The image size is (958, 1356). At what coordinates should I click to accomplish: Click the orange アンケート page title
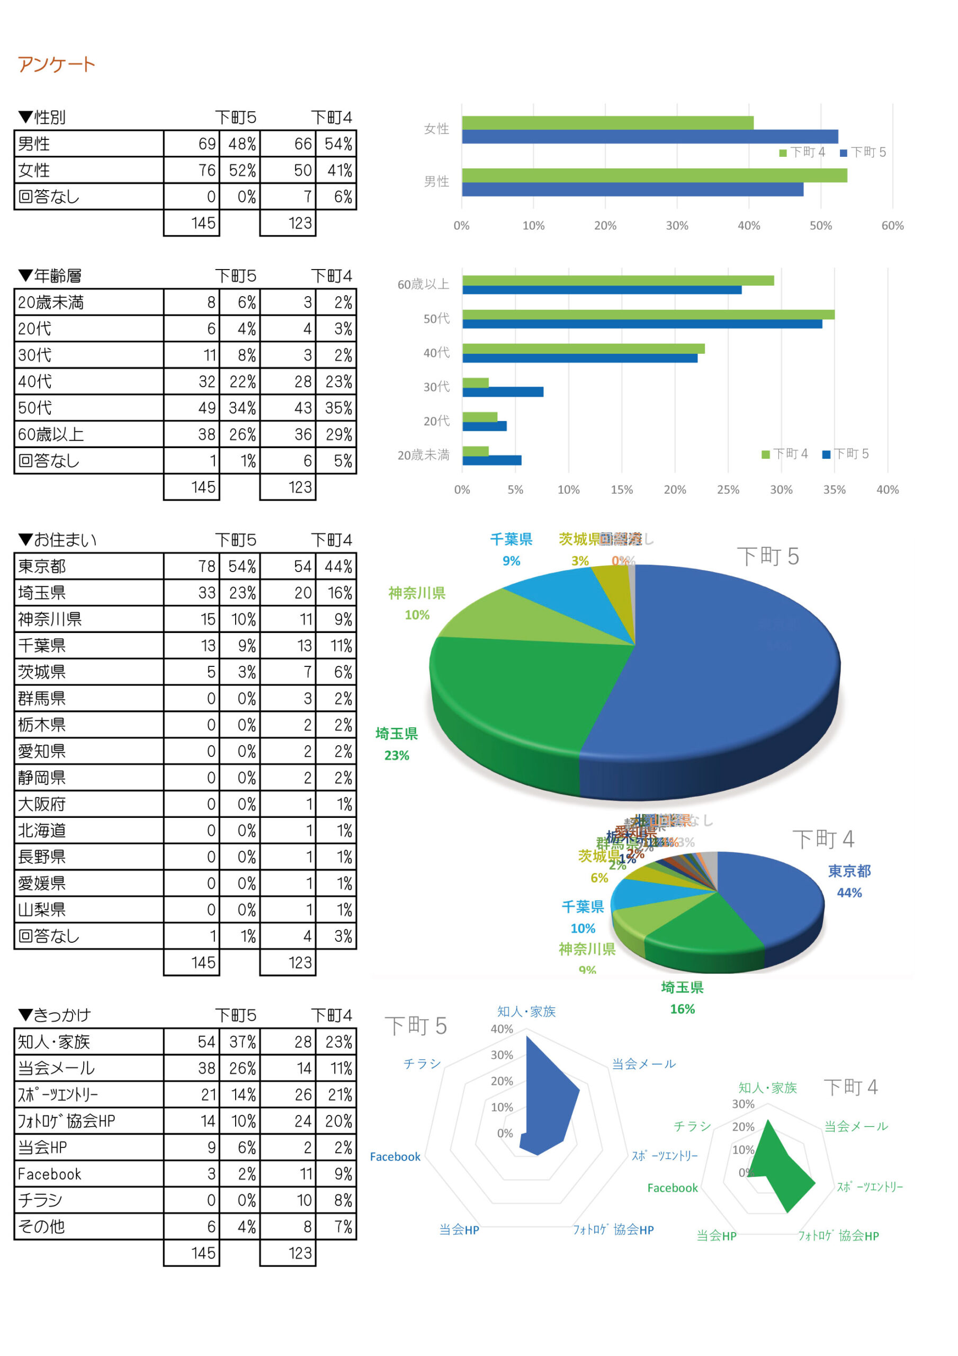click(56, 64)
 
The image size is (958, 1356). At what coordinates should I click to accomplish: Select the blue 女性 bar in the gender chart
click(650, 137)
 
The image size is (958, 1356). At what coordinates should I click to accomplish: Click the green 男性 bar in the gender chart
click(654, 175)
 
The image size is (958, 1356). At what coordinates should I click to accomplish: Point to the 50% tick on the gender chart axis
click(820, 226)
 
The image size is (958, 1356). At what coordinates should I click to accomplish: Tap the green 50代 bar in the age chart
click(648, 314)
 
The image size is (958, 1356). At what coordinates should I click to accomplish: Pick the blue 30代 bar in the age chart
click(503, 391)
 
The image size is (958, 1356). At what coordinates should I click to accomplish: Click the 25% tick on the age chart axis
click(728, 489)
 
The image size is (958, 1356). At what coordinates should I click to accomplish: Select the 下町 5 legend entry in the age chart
click(846, 453)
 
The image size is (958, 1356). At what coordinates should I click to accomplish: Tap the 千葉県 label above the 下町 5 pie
click(511, 539)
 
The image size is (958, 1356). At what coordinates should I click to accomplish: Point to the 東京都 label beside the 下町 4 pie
click(849, 871)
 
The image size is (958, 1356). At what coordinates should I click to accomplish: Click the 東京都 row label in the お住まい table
click(42, 566)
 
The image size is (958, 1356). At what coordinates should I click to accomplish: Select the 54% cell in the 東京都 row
click(242, 566)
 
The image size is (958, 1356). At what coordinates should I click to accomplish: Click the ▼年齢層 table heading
click(50, 276)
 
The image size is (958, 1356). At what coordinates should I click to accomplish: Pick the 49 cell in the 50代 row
click(207, 408)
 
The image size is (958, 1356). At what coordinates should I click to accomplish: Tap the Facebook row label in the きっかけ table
click(50, 1174)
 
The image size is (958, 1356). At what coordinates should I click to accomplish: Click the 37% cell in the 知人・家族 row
click(242, 1042)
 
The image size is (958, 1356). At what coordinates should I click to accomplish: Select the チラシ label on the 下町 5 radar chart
click(422, 1064)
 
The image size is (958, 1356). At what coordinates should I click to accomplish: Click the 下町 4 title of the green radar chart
click(850, 1087)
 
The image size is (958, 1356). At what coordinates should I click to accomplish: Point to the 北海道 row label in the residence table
click(42, 831)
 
